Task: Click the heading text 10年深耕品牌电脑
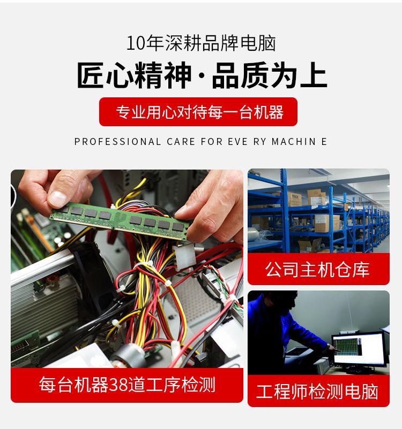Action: (x=201, y=43)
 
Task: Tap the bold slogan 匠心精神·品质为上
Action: (x=202, y=75)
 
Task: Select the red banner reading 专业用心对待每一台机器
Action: (x=198, y=112)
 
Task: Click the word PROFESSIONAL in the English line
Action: (x=117, y=142)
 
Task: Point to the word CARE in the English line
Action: (x=181, y=142)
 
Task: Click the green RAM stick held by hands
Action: (x=120, y=220)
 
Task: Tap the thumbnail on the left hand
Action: (x=57, y=197)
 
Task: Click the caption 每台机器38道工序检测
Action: (x=127, y=385)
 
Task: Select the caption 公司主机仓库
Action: (x=317, y=269)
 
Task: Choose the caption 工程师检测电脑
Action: (x=317, y=391)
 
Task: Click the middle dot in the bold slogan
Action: (x=202, y=75)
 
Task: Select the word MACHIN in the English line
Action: (x=294, y=142)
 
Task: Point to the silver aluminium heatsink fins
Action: (x=41, y=309)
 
